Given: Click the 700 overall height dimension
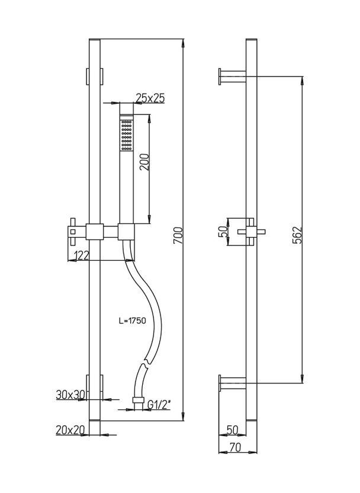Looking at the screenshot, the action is (178, 235).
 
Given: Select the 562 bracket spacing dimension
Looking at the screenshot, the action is (297, 235).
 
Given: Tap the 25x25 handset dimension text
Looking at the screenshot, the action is (150, 98).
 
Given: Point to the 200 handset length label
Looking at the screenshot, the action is (144, 162).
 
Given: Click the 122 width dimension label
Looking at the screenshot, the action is (81, 255).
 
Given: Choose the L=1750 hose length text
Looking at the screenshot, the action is (133, 321).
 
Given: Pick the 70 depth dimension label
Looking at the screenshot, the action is (235, 447).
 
